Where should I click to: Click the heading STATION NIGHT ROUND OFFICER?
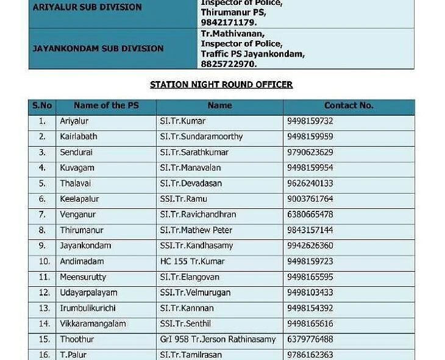click(221, 85)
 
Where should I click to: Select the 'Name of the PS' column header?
click(106, 105)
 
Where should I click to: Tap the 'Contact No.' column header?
click(348, 105)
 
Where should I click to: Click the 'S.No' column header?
click(42, 105)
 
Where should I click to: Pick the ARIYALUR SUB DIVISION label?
click(87, 7)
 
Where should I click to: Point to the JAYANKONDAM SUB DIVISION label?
click(98, 48)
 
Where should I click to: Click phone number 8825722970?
click(229, 64)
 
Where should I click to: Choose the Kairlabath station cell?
click(78, 136)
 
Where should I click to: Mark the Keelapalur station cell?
click(79, 199)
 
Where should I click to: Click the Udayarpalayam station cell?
click(88, 292)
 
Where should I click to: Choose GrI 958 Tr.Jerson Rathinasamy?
click(218, 339)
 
